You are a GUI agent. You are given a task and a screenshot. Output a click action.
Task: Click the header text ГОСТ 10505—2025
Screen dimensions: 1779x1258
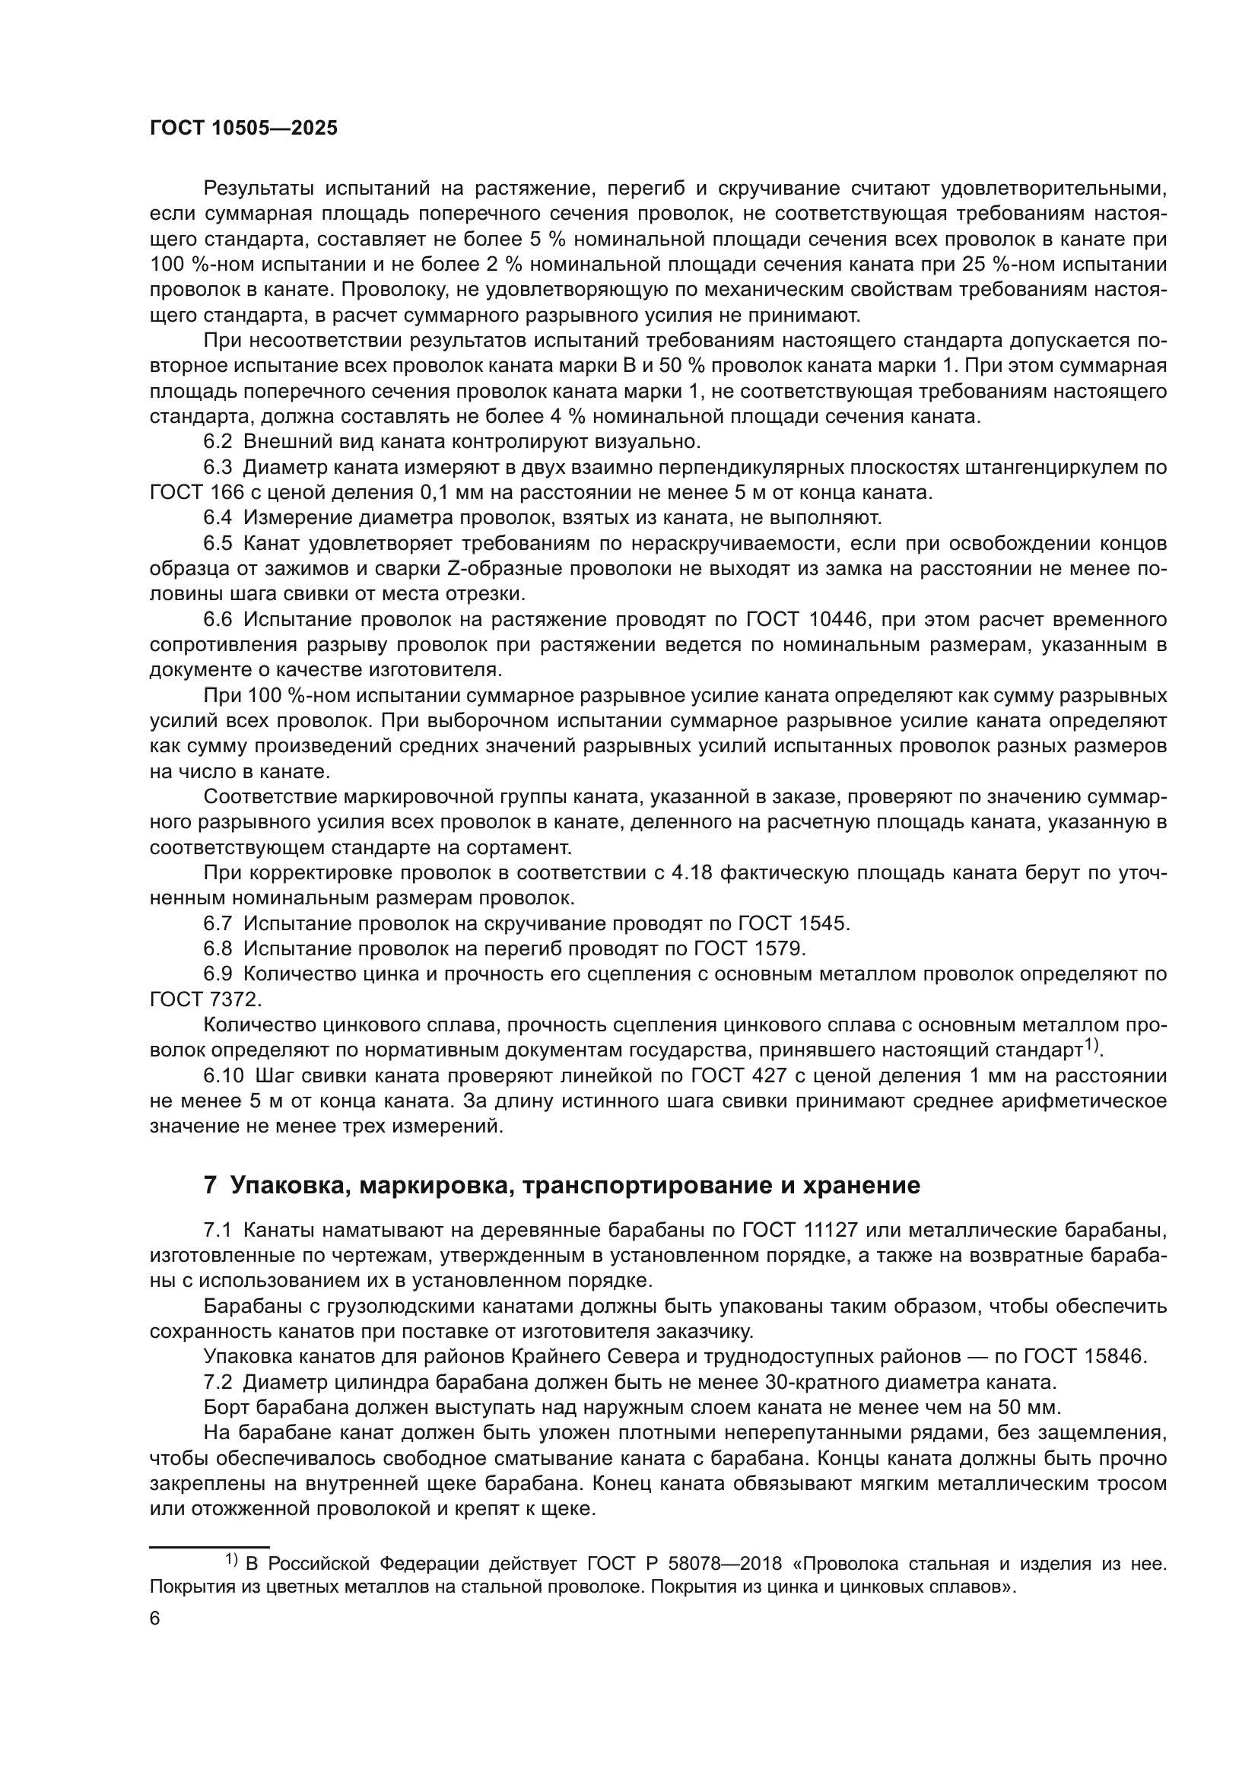[243, 129]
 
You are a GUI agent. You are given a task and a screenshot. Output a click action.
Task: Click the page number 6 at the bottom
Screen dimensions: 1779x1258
[155, 1639]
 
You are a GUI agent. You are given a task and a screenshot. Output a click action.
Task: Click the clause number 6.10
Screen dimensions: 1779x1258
[223, 1075]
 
